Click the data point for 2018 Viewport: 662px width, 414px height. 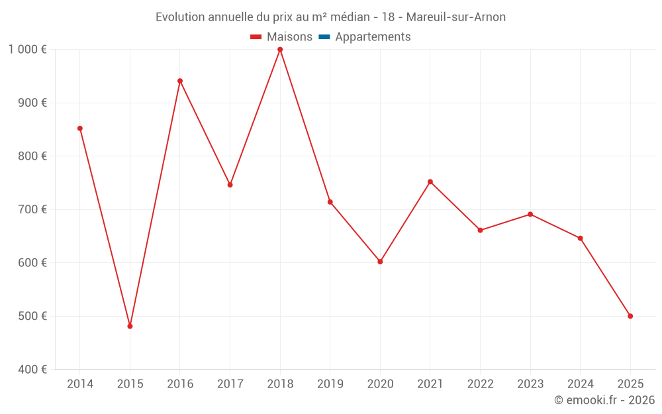point(280,50)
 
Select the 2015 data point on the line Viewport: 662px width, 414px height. point(130,326)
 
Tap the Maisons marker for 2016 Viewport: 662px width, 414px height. point(180,81)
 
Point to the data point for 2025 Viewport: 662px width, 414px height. point(630,316)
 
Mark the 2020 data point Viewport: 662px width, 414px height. point(380,262)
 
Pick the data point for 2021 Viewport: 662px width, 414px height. point(430,181)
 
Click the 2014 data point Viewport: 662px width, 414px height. point(80,129)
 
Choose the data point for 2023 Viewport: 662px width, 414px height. point(530,214)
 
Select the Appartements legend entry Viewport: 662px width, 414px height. point(373,37)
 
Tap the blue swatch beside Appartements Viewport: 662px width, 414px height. point(324,37)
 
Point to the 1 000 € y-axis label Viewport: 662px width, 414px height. point(28,50)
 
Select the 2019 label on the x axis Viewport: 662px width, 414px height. point(330,384)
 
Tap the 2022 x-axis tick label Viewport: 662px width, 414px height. point(480,384)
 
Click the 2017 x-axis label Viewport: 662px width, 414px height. point(230,384)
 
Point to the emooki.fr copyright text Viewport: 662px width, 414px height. point(604,400)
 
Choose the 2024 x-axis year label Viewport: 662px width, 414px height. point(581,384)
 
